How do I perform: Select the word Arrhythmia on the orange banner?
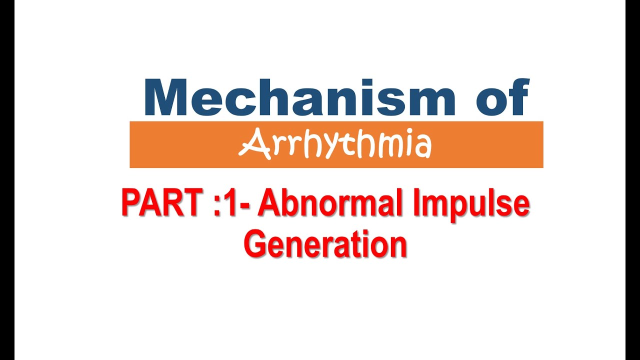pos(335,145)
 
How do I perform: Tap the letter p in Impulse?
pos(466,209)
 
